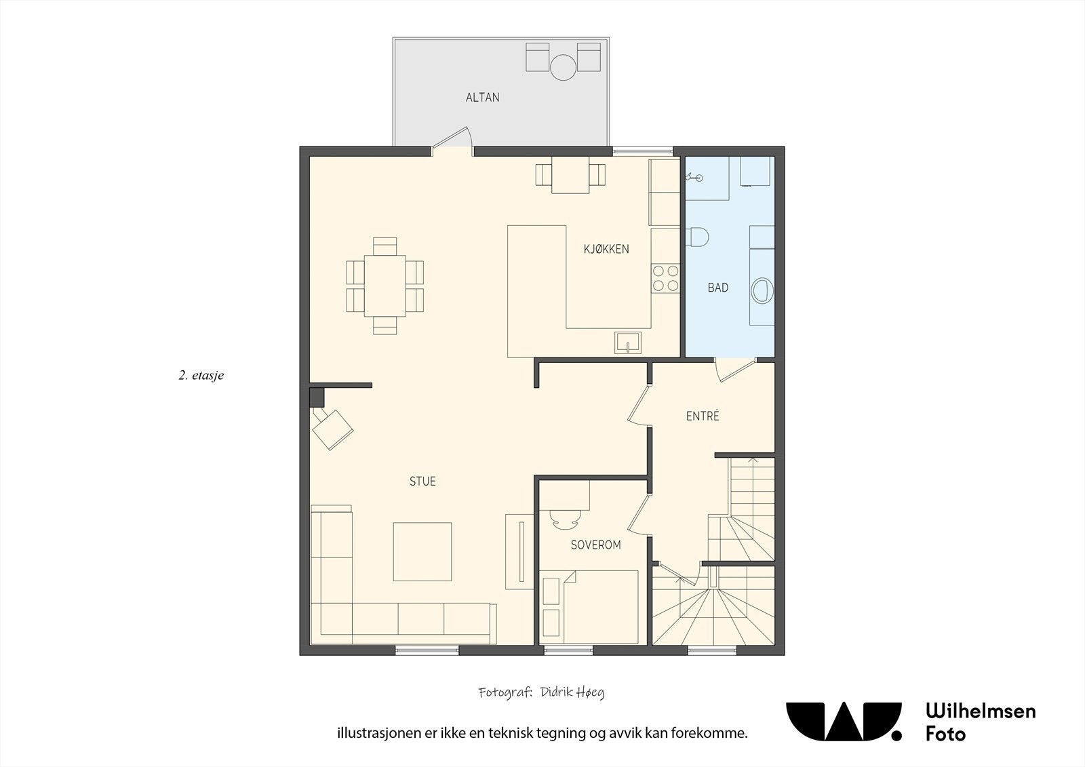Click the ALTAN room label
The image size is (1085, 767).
coord(482,98)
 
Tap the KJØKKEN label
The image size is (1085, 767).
coord(606,249)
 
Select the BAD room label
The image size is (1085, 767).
coord(718,288)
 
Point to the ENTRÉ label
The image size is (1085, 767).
coord(703,416)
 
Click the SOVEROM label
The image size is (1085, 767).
coord(595,545)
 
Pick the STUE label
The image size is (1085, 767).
coord(422,481)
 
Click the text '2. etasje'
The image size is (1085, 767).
coord(201,376)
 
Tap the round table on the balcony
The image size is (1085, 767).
coord(563,67)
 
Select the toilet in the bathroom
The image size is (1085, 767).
coord(698,237)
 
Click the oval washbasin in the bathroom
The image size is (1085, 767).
coord(762,290)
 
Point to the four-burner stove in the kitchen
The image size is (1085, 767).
coord(665,279)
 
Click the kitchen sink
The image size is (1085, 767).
coord(628,343)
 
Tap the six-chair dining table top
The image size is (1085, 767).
coord(385,286)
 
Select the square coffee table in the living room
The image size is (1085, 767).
coord(422,551)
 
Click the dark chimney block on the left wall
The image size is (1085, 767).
coord(317,397)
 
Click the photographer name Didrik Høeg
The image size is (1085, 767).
coord(572,693)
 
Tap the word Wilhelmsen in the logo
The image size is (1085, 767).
coord(981,711)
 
